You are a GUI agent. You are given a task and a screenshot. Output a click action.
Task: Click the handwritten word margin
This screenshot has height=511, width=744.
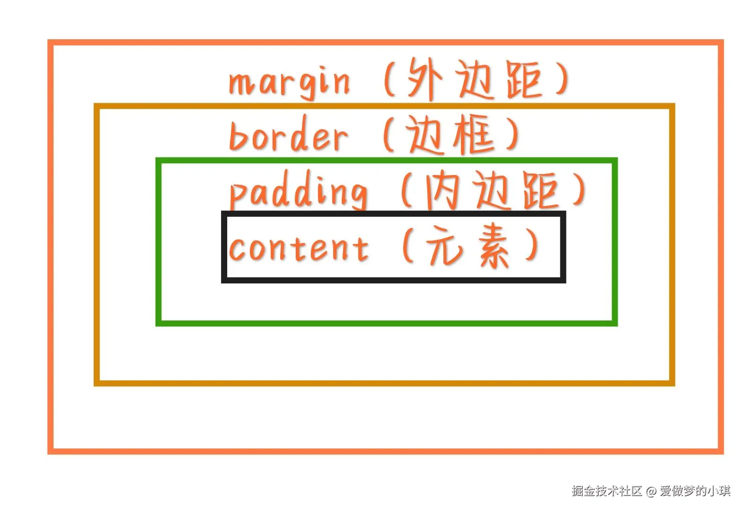click(x=289, y=83)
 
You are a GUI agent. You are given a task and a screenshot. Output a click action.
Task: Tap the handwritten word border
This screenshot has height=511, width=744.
click(x=288, y=136)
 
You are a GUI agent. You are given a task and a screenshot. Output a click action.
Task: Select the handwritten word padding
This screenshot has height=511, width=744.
click(x=298, y=191)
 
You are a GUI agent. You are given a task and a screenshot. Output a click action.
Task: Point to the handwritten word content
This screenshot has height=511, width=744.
click(x=298, y=247)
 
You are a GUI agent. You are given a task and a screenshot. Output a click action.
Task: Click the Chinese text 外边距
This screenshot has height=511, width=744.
click(x=475, y=79)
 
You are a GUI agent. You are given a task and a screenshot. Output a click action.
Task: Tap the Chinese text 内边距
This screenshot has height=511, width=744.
click(x=492, y=191)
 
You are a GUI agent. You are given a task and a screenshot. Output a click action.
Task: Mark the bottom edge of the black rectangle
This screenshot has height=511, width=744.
click(x=393, y=280)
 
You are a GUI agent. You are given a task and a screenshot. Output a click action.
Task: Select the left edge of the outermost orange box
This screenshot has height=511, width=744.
click(x=50, y=246)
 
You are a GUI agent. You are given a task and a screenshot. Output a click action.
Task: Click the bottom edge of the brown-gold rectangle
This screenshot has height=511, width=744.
click(x=384, y=383)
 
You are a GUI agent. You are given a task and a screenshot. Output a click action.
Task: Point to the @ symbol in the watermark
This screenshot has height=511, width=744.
click(x=651, y=492)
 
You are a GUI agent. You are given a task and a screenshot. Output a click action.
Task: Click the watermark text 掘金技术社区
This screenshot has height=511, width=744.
click(x=606, y=491)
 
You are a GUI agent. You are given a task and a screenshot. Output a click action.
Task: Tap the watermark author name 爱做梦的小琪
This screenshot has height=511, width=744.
click(x=695, y=491)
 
